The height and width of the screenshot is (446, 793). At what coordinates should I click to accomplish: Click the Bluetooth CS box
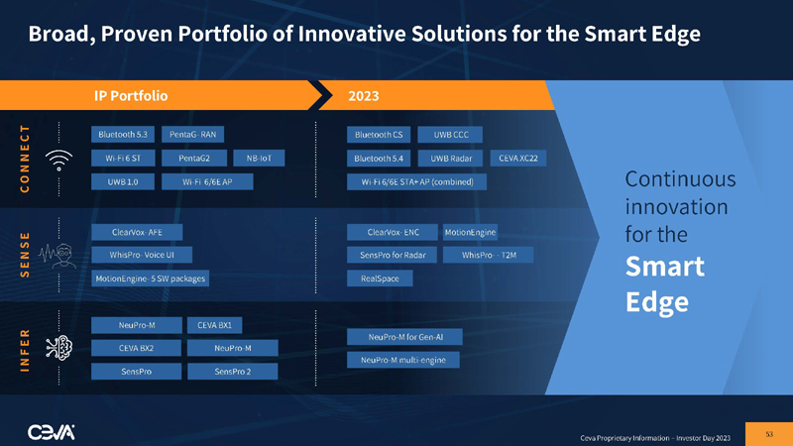pyautogui.click(x=377, y=134)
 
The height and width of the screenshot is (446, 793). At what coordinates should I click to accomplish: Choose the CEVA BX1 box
pyautogui.click(x=215, y=324)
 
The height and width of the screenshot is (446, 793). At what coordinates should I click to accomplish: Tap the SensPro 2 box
pyautogui.click(x=234, y=372)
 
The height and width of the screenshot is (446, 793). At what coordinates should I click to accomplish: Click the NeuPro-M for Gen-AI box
pyautogui.click(x=398, y=337)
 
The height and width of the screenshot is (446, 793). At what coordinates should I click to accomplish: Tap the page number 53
pyautogui.click(x=768, y=433)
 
